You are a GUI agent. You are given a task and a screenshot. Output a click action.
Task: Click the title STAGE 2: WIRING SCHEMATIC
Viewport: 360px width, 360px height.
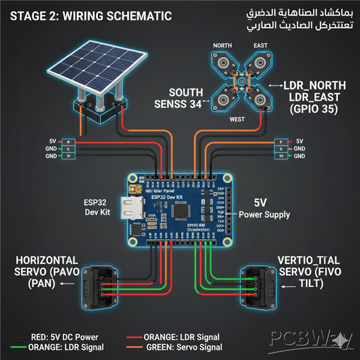point(91,16)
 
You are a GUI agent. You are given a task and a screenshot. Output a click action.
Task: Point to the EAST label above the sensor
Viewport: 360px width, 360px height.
point(260,46)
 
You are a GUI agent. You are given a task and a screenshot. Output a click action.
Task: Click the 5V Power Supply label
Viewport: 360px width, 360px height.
point(264,208)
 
